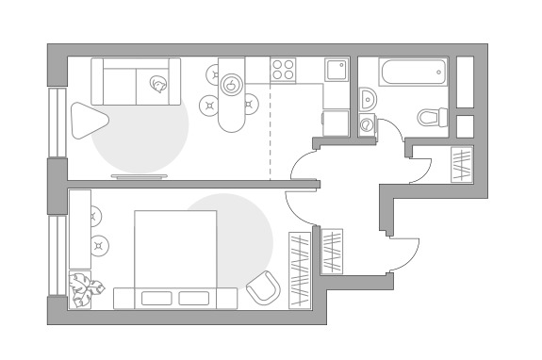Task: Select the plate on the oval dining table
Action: tap(231, 86)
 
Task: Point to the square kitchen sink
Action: tap(337, 70)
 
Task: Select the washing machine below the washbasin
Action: tap(366, 124)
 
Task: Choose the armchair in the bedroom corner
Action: tap(263, 288)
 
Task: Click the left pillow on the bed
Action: tap(158, 298)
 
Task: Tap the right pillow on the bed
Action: tap(193, 298)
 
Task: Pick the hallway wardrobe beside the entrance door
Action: tap(333, 252)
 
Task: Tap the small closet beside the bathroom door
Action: tap(462, 166)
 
